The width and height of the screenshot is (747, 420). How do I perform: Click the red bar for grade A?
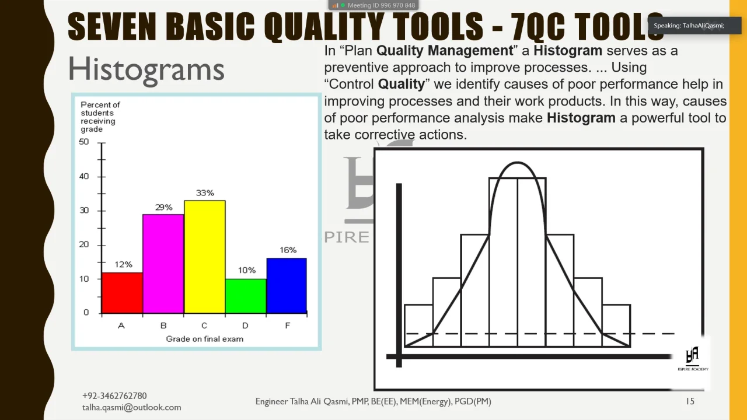[x=122, y=293]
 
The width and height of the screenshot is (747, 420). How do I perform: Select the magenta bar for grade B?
[x=163, y=264]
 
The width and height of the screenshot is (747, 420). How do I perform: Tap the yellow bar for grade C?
[x=205, y=257]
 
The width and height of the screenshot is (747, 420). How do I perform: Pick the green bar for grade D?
[x=246, y=296]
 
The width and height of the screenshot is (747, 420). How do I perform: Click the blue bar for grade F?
[x=287, y=286]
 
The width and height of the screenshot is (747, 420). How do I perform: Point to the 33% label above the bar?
[x=205, y=193]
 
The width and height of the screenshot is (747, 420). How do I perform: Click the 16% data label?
[x=288, y=250]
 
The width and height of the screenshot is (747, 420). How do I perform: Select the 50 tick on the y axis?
[x=85, y=142]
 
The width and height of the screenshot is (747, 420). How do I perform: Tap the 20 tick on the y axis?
[x=85, y=244]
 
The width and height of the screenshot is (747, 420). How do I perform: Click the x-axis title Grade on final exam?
[x=204, y=339]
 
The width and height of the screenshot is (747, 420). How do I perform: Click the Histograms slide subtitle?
[x=146, y=69]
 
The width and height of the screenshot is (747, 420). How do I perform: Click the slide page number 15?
[x=690, y=401]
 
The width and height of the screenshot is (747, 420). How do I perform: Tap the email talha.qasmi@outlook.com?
[x=131, y=408]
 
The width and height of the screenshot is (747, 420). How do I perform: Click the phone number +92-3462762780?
[x=114, y=396]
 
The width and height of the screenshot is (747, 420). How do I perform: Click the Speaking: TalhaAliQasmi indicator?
[x=688, y=26]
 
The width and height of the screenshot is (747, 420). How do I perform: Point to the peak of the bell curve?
[x=517, y=163]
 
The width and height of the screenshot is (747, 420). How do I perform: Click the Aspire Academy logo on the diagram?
[x=692, y=357]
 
